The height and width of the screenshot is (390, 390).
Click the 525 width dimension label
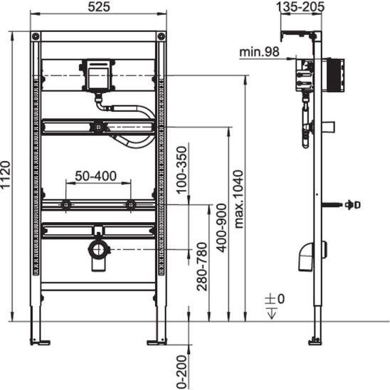click(99, 7)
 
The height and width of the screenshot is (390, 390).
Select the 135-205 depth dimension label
click(300, 6)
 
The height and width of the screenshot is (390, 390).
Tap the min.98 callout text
click(259, 52)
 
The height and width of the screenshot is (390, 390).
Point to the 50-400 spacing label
click(96, 176)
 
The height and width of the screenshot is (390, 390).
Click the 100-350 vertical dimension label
click(181, 170)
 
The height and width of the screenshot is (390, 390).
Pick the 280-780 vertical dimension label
click(201, 267)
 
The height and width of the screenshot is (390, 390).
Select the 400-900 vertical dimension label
click(221, 228)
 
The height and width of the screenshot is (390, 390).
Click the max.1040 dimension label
click(238, 199)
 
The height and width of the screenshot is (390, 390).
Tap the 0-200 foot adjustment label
click(181, 372)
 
